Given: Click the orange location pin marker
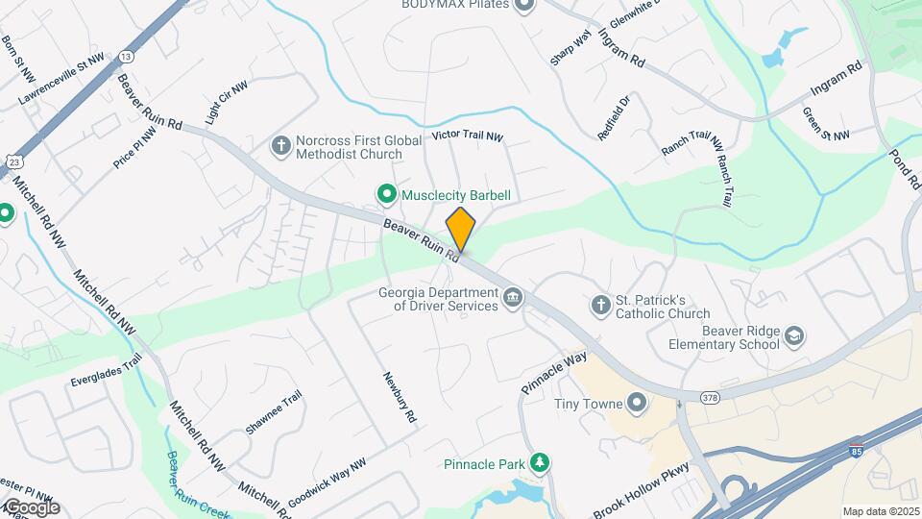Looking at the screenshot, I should click(461, 229).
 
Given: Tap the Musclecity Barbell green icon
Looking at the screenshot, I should click(386, 195).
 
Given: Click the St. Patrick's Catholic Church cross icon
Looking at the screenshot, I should click(600, 306).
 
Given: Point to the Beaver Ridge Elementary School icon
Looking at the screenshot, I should click(794, 336).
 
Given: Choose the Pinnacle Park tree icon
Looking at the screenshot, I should click(541, 464).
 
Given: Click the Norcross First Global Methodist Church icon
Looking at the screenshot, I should click(281, 146).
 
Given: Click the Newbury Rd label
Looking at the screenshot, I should click(400, 400).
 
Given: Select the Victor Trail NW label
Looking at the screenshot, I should click(468, 136).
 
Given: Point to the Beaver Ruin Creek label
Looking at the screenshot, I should click(198, 485).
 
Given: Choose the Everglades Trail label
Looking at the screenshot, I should click(106, 370).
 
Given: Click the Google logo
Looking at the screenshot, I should click(31, 507).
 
